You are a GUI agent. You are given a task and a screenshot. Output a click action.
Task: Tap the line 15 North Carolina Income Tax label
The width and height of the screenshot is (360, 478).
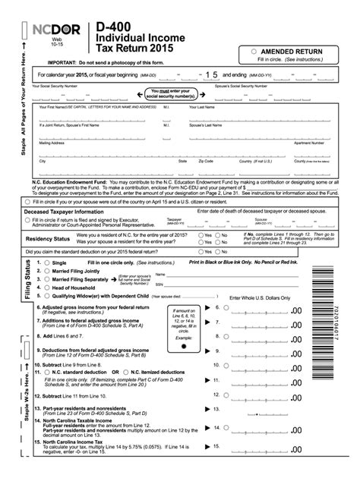(x=81, y=442)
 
